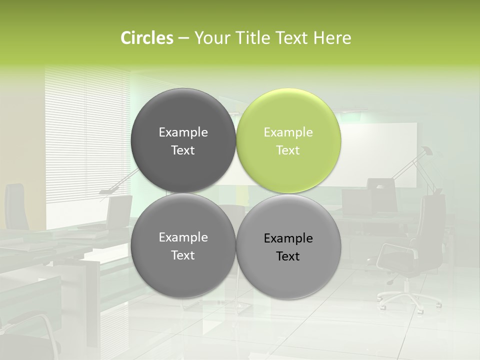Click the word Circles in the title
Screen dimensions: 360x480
pyautogui.click(x=146, y=37)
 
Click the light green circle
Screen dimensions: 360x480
pyautogui.click(x=288, y=140)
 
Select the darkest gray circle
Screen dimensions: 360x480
pyautogui.click(x=183, y=140)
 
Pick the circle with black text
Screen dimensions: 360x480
pyautogui.click(x=288, y=246)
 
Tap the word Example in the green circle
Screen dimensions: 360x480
pyautogui.click(x=288, y=132)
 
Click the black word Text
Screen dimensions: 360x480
pyautogui.click(x=288, y=256)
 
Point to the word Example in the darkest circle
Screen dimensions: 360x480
pyautogui.click(x=183, y=132)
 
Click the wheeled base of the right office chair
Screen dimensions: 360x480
pyautogui.click(x=407, y=297)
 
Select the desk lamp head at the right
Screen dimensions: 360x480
pyautogui.click(x=426, y=150)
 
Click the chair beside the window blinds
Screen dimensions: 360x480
pyautogui.click(x=118, y=210)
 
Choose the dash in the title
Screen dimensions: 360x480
pyautogui.click(x=183, y=37)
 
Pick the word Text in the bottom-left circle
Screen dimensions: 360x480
pyautogui.click(x=183, y=255)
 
